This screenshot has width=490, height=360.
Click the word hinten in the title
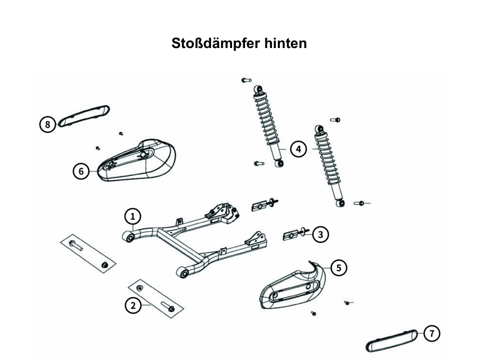[285, 43]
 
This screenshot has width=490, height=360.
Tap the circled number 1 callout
[133, 217]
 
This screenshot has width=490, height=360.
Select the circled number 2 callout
[133, 305]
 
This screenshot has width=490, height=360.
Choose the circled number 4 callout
[298, 149]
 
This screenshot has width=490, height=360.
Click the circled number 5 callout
[339, 267]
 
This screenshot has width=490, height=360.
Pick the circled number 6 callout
[81, 172]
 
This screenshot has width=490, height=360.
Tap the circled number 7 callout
[432, 334]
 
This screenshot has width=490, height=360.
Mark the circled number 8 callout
[48, 125]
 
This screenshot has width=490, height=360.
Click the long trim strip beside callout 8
[84, 115]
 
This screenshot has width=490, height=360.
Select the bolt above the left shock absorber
[246, 80]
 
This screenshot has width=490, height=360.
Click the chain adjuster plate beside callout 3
[291, 235]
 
